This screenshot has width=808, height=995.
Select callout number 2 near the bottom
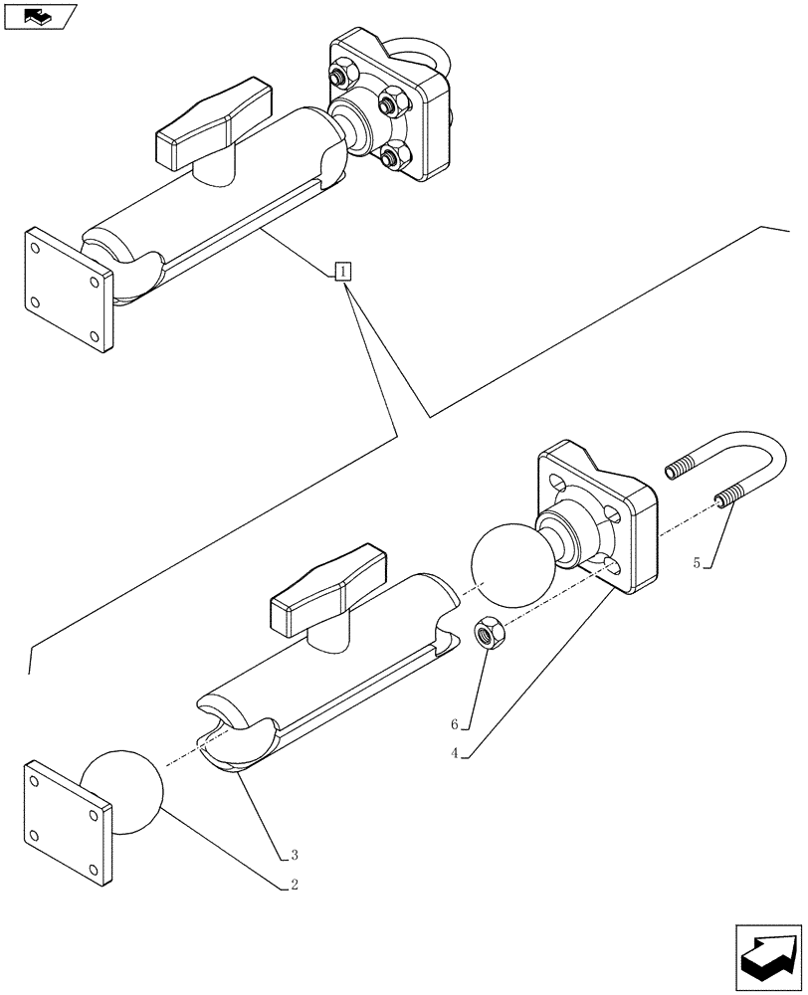click(295, 883)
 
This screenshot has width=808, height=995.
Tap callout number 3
click(295, 854)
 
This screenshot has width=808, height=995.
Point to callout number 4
click(454, 753)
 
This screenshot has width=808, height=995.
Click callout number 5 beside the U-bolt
click(698, 563)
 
